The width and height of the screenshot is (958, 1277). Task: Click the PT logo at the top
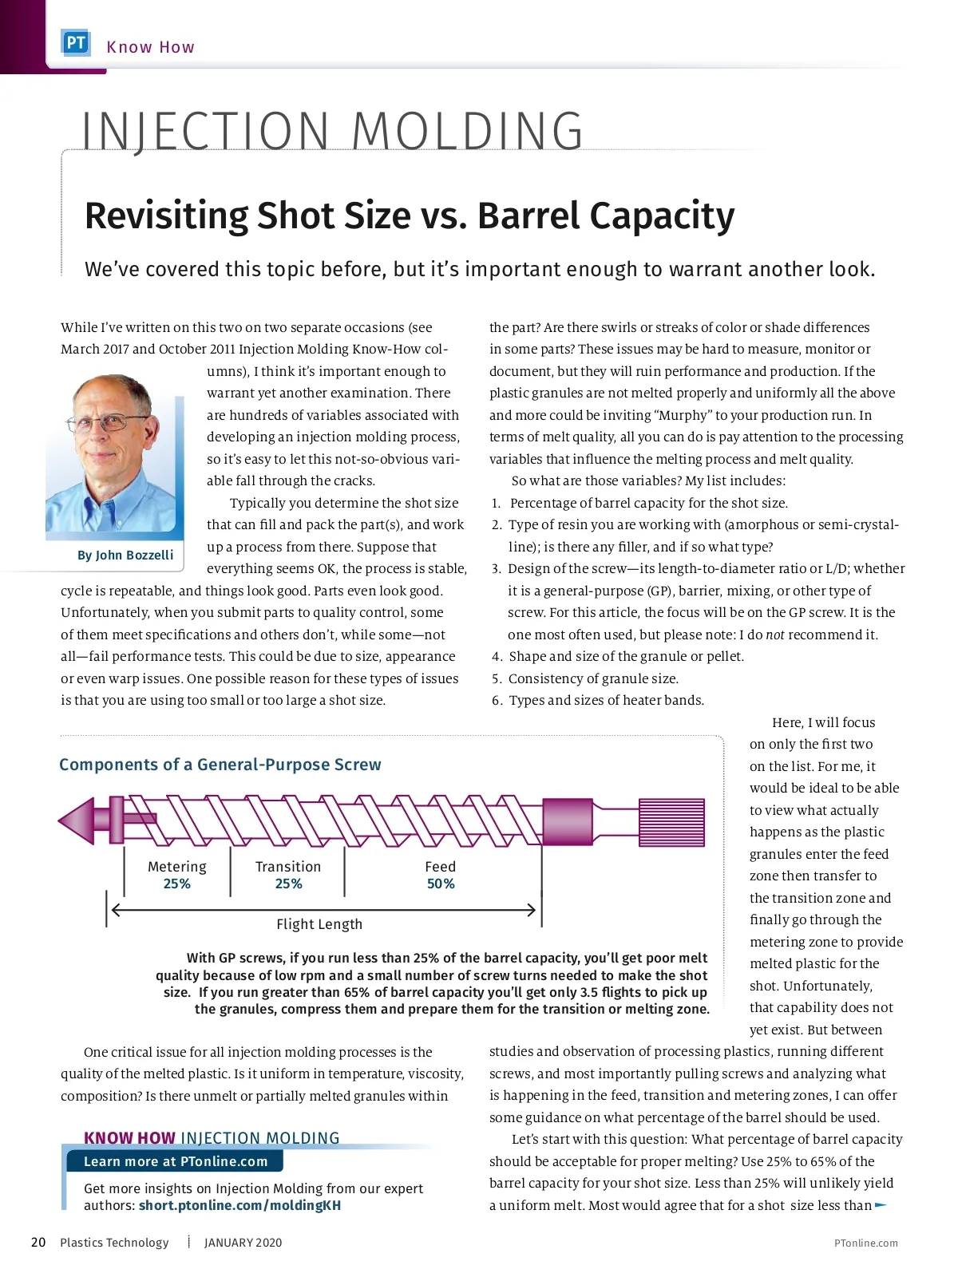coord(76,43)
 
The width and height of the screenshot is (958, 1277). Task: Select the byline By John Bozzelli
coord(125,555)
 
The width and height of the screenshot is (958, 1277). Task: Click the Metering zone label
coord(177,867)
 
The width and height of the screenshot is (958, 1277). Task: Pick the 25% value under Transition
coord(288,884)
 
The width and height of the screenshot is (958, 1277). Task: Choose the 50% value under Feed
coord(441,884)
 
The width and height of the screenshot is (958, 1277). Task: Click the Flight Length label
coord(319,924)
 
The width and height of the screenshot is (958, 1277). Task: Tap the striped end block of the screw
coord(672,821)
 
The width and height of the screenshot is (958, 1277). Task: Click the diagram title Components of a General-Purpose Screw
coord(220,765)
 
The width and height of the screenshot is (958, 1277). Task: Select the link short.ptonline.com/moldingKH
coord(239,1205)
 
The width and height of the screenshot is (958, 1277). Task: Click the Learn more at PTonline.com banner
coord(176,1161)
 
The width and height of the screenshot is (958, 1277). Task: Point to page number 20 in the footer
coord(38,1243)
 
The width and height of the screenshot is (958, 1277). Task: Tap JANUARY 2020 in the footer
coord(243,1243)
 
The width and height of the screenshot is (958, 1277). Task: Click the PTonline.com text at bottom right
coord(865,1243)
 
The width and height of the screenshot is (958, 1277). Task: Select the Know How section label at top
coord(150,47)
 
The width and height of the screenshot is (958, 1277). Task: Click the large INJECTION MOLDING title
coord(333,132)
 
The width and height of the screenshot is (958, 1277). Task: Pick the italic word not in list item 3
coord(775,635)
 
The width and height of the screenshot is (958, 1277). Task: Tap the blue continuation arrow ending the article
coord(881,1205)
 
